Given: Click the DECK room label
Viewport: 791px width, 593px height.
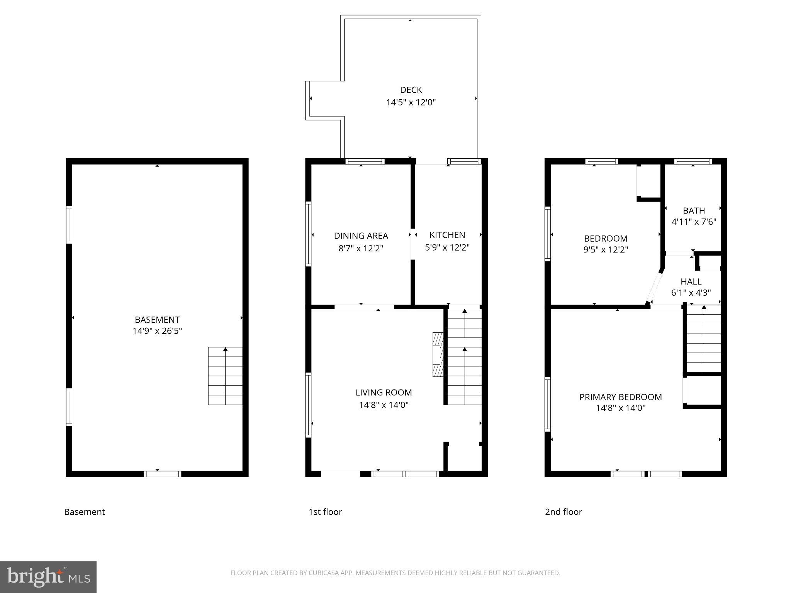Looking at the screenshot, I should pos(411,90).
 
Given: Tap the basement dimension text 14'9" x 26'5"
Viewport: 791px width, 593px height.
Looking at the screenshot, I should pos(157,331).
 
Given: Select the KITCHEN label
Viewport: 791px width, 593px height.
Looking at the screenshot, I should pos(447,235).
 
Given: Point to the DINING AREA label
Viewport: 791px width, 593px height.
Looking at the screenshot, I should pos(361,236).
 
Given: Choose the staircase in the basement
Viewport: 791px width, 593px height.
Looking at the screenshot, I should pos(225,376).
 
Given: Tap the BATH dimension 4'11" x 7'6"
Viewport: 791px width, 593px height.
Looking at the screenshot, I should pos(694,222).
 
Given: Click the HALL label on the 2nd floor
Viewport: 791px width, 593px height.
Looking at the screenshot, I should pos(691,281).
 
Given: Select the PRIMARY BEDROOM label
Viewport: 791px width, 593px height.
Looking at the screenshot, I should pos(620,397).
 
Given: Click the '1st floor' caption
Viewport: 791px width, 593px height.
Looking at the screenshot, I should pos(325,512).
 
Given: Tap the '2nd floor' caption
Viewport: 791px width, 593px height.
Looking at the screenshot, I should pos(563,512).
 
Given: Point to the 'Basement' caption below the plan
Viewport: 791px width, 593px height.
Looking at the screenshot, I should pos(84,512).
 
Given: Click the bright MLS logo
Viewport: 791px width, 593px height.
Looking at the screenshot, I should pos(48,577).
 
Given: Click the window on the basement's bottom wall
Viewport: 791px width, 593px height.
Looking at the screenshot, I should pos(162,474).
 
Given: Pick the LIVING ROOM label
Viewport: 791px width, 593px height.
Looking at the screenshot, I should pos(384,393).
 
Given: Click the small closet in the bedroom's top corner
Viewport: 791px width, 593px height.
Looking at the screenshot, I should pos(650,180).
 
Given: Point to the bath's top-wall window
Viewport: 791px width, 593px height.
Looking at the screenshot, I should pos(693,161).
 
